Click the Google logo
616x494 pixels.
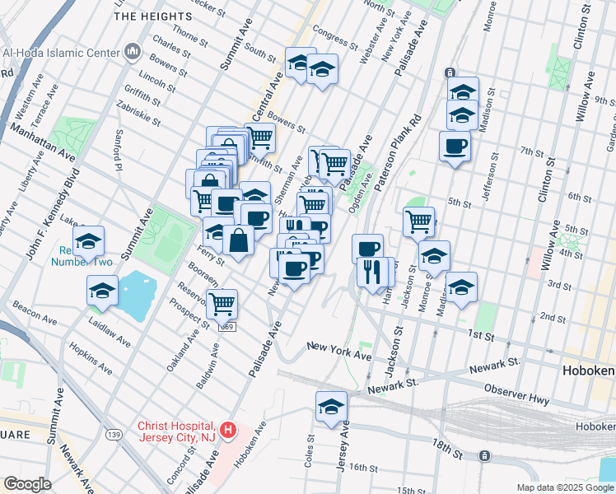26,484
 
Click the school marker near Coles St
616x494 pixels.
331,407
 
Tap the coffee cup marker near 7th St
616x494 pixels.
455,147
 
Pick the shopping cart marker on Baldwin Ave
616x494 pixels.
222,304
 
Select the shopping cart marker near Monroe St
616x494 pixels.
418,221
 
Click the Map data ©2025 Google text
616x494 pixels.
564,487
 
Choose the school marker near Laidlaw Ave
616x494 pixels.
103,291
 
